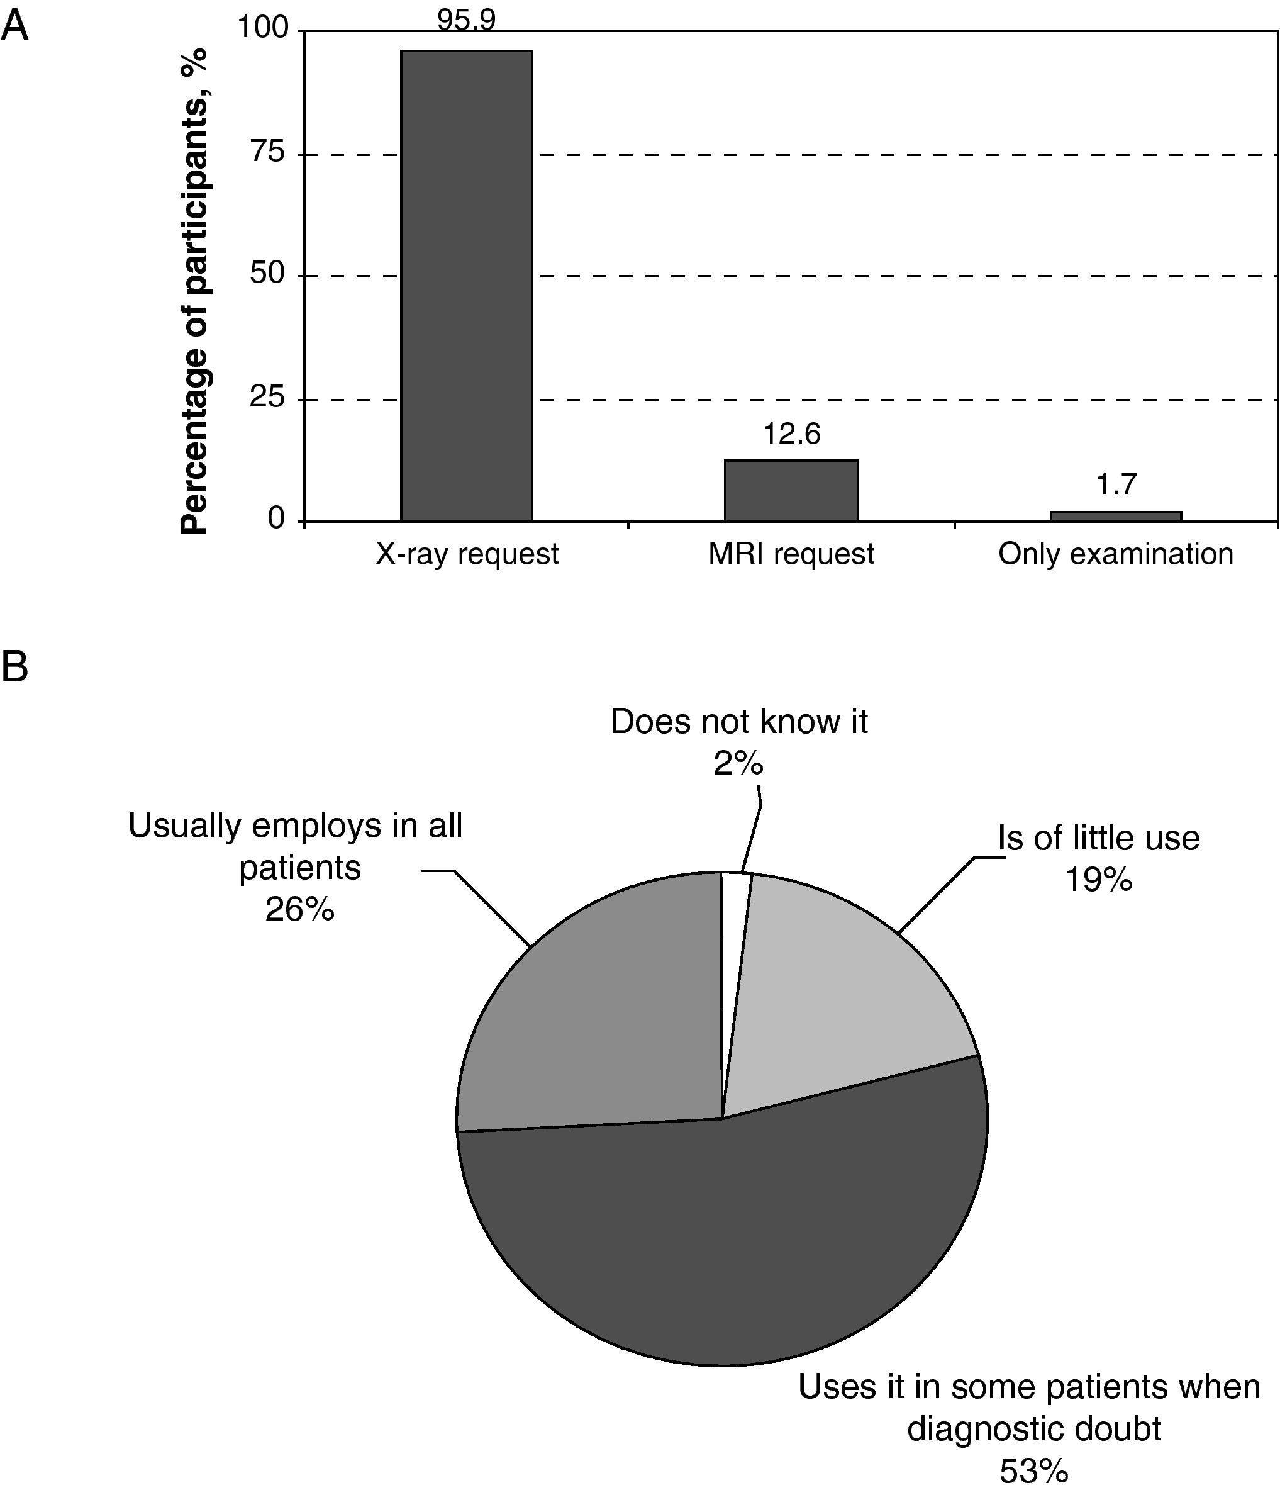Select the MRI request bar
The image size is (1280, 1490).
[x=791, y=490]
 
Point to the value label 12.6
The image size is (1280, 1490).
[x=791, y=434]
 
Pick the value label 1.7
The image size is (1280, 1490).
[x=1116, y=485]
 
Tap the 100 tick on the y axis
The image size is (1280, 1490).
[x=262, y=28]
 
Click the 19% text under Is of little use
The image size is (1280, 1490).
[x=1098, y=880]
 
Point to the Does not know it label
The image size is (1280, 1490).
[x=739, y=722]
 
